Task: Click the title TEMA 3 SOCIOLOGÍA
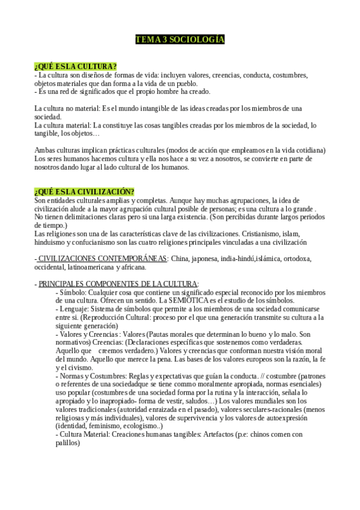coord(180,40)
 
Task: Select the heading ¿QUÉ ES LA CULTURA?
coord(75,66)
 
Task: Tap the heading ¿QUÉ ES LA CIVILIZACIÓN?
coord(84,191)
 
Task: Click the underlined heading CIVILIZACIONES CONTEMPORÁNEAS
coord(103,259)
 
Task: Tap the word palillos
coord(67,443)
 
